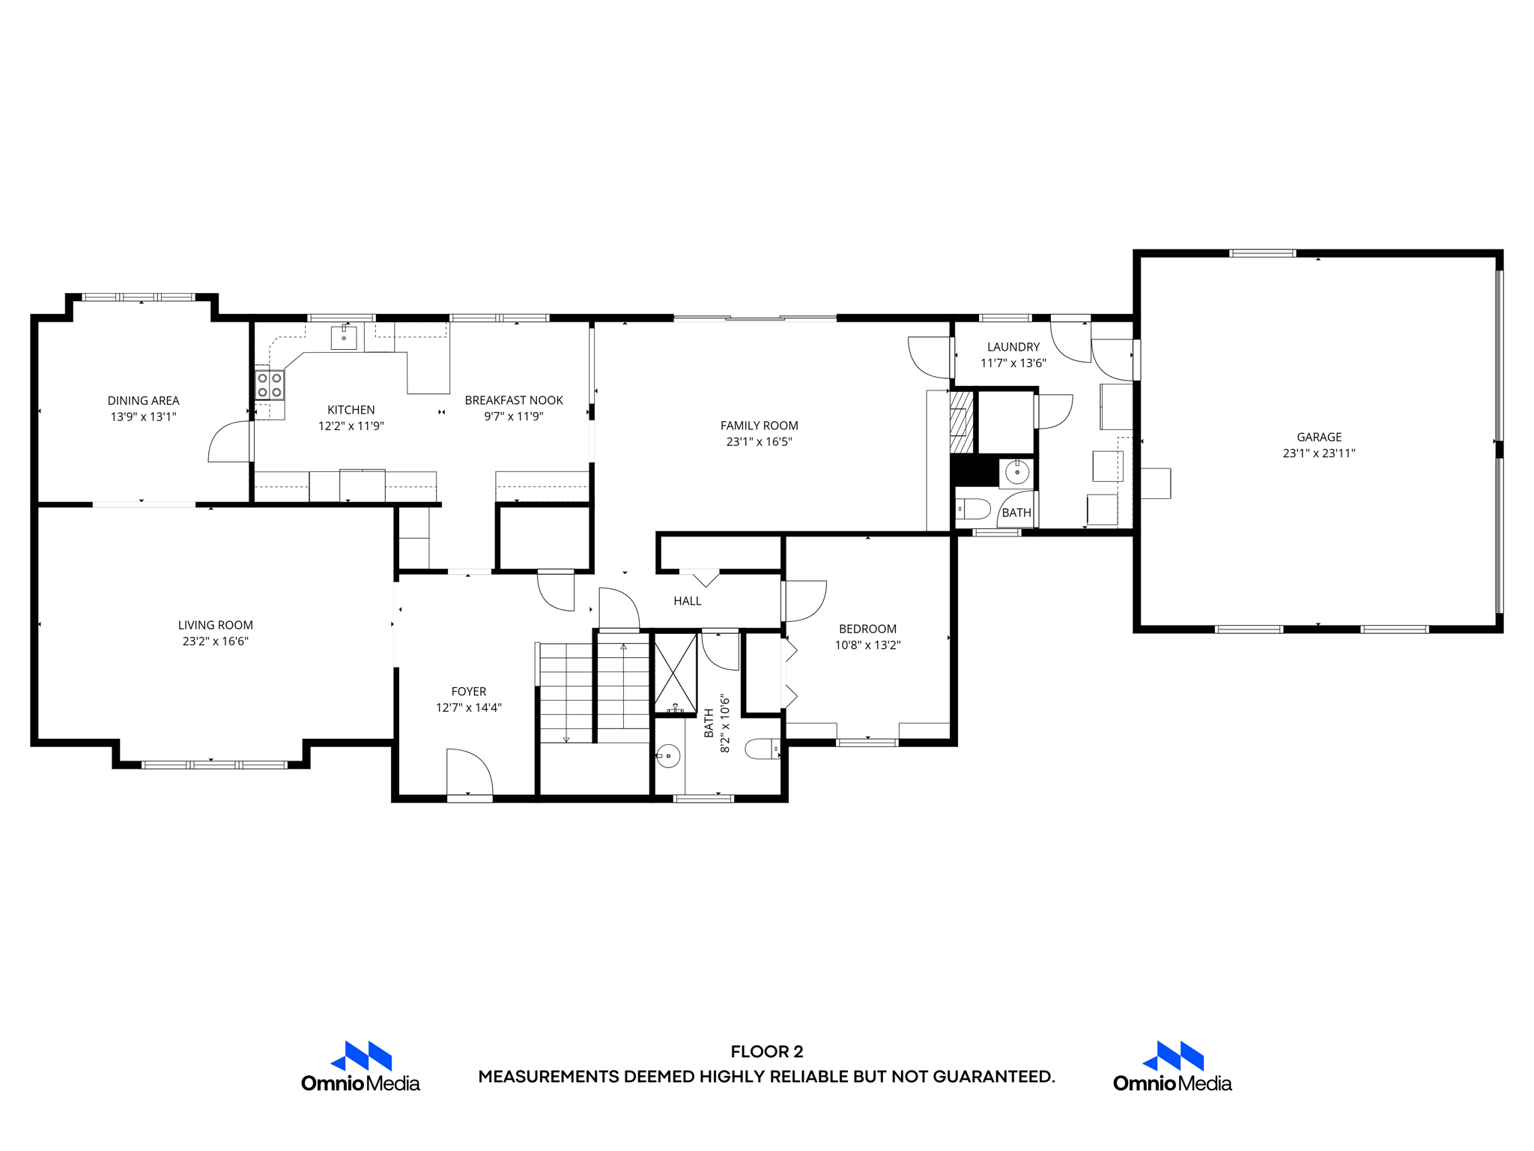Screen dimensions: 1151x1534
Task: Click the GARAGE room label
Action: (x=1319, y=437)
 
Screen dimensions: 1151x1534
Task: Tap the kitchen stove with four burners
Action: (x=270, y=385)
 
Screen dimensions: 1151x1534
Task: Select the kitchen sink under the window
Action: (x=344, y=337)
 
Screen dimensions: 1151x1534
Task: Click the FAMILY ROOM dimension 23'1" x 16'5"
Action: (x=759, y=442)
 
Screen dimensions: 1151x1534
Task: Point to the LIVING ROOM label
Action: (x=216, y=625)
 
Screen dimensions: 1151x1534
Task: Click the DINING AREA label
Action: (x=143, y=401)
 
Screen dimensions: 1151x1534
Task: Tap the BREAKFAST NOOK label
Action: (x=514, y=400)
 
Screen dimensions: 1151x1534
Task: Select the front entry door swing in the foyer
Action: (x=467, y=772)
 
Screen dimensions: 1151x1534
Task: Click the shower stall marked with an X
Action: (x=676, y=673)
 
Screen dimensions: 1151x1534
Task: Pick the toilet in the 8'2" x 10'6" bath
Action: (x=763, y=749)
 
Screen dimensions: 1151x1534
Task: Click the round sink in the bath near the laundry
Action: (x=1016, y=473)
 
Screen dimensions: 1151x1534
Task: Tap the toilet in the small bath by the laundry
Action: (x=973, y=510)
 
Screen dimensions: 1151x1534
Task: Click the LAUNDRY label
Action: (x=1013, y=347)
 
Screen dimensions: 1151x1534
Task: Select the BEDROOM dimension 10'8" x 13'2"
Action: (x=867, y=645)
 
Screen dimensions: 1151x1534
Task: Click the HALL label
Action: (x=687, y=601)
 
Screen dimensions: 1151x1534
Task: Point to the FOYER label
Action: (x=469, y=692)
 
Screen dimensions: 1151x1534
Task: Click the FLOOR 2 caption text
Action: (x=766, y=1051)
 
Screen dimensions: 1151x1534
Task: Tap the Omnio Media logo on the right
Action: (x=1172, y=1066)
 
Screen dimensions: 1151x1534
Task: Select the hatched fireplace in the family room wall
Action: (x=962, y=421)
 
